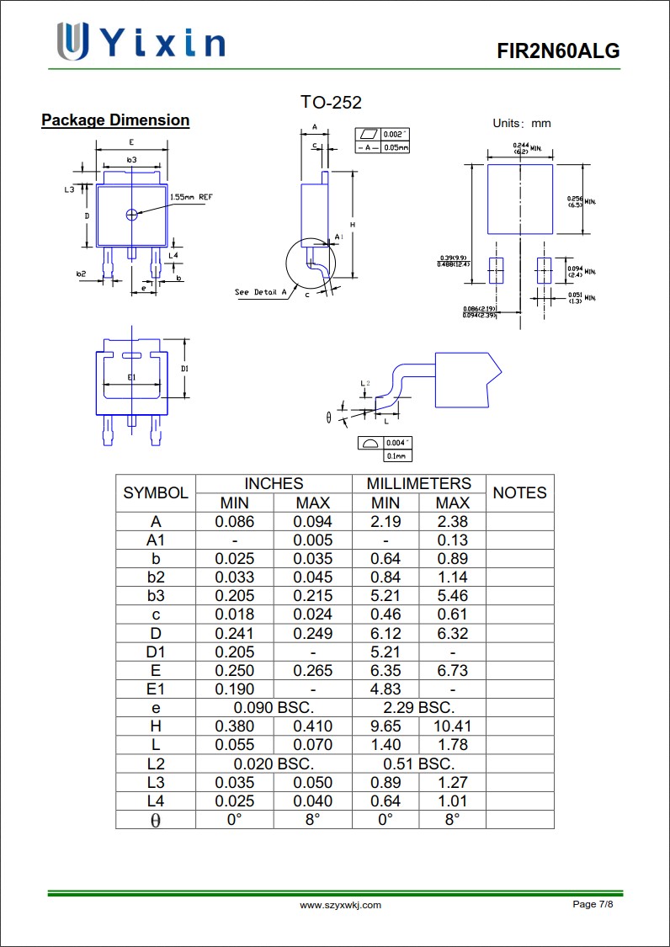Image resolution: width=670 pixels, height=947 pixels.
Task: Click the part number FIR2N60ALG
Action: coord(558,51)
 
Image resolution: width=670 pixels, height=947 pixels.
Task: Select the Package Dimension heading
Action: coord(115,120)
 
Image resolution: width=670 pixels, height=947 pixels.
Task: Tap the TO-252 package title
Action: coord(331,103)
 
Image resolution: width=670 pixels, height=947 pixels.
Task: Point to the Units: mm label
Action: coord(522,124)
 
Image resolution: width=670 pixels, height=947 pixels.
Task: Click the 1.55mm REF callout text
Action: coord(192,197)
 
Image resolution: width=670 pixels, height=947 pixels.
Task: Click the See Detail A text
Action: coord(260,292)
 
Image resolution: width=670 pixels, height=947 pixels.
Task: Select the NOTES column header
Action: coord(519,493)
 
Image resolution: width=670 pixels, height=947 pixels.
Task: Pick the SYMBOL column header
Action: coord(156,493)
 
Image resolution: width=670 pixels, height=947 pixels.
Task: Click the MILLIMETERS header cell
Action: coord(418,484)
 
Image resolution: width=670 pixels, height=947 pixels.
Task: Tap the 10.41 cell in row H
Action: coord(452,726)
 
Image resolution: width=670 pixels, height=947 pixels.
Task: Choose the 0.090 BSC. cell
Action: coord(274,708)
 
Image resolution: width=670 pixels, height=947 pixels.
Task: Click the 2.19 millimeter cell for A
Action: coord(386,522)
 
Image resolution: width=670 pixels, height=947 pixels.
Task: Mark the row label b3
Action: coord(156,596)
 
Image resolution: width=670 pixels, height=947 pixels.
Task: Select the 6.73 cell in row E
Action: coord(452,671)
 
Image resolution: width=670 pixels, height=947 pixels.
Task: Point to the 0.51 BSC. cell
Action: coord(418,764)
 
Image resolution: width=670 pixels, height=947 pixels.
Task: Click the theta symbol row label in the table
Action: coord(156,821)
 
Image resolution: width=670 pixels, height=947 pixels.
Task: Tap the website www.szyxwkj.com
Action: coord(341,905)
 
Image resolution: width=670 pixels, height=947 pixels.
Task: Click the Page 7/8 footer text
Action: coord(593,904)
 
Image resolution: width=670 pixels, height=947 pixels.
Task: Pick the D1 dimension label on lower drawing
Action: coord(185,369)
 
